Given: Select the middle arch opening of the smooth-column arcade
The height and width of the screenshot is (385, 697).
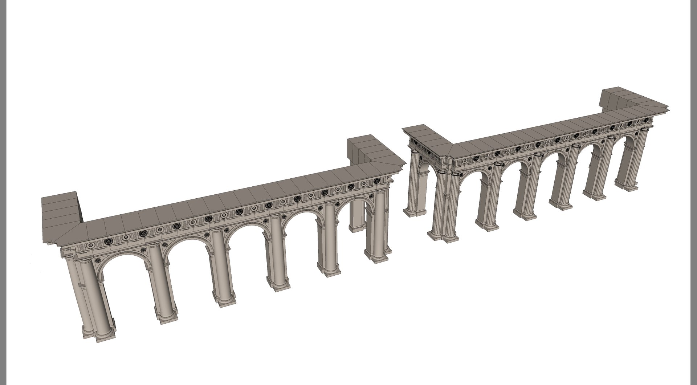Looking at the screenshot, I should click(247, 254).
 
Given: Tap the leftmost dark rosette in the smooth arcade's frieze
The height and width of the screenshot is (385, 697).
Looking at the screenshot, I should click(108, 241).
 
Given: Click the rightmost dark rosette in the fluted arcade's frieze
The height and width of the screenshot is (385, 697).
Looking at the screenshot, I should click(645, 120).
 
